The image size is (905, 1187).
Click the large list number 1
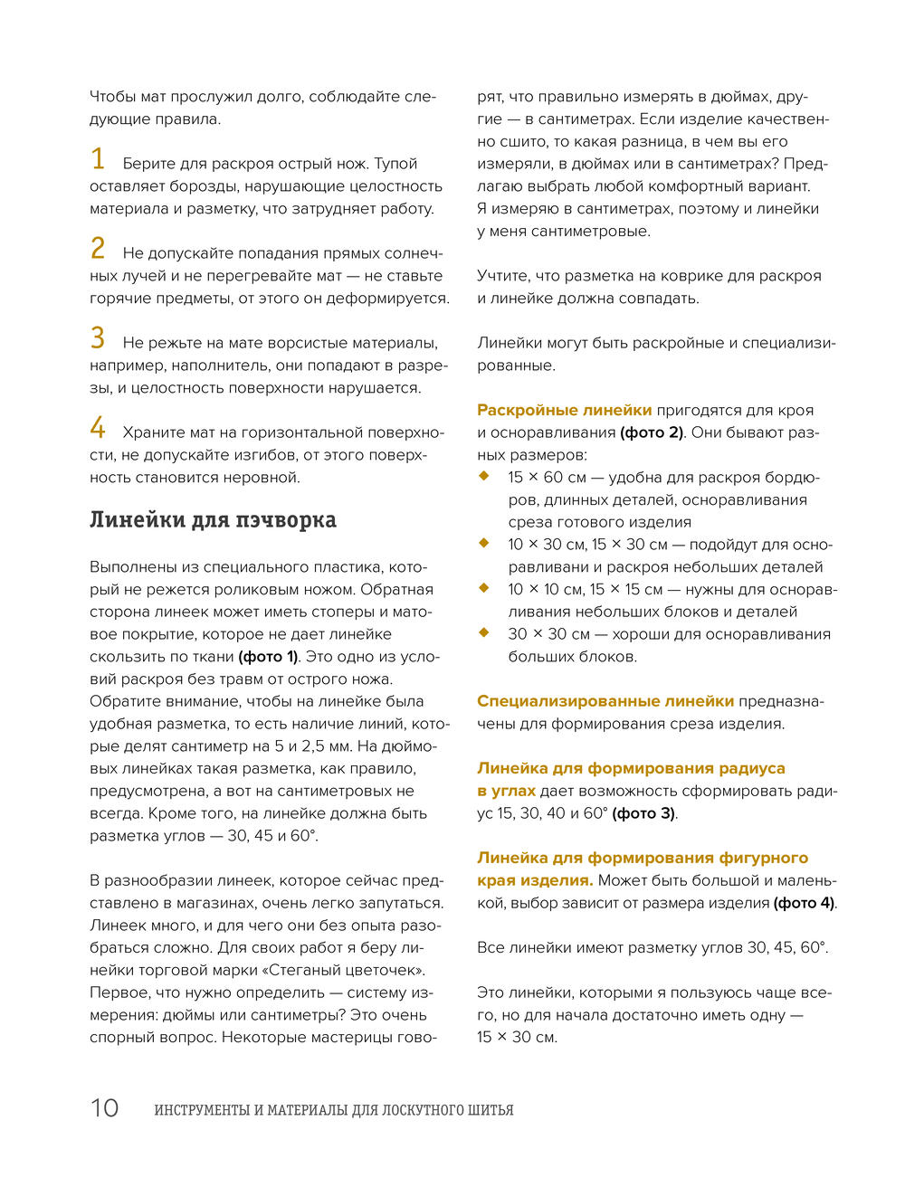tap(98, 159)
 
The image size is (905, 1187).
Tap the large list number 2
tap(98, 249)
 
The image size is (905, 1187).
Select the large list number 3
tap(98, 338)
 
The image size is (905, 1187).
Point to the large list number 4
tap(98, 428)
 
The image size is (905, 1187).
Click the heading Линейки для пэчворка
tap(213, 520)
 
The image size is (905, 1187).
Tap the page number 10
tap(104, 1108)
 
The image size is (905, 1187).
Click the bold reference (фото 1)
tap(268, 657)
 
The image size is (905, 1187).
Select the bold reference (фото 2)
tap(652, 432)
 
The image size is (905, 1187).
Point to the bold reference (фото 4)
tap(805, 903)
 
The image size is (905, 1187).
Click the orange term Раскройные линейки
tap(564, 410)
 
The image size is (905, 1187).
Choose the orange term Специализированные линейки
tap(605, 701)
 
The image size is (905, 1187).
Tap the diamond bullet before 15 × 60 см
tap(484, 476)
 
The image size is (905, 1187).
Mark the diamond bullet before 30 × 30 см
tap(484, 632)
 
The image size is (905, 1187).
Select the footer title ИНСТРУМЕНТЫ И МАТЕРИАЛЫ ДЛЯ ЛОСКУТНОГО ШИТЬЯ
tap(333, 1110)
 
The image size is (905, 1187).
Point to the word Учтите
tap(503, 276)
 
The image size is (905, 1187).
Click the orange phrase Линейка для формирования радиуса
tap(631, 768)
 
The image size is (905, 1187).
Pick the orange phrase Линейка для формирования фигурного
tap(643, 858)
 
